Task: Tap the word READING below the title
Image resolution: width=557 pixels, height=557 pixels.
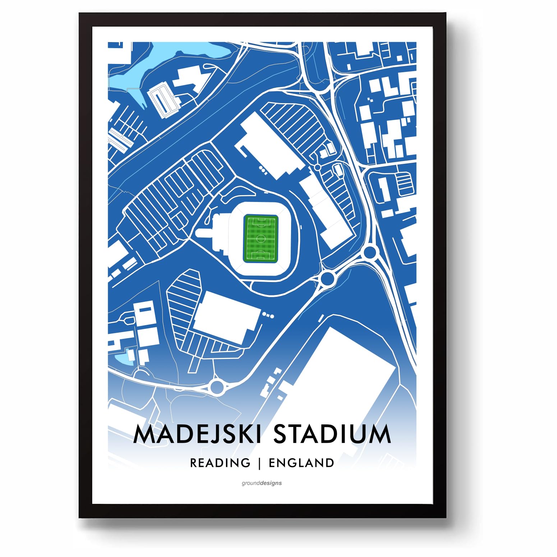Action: (220, 463)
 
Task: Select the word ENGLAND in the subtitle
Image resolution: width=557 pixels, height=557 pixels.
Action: (301, 463)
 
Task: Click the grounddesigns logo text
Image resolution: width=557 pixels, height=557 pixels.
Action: (262, 483)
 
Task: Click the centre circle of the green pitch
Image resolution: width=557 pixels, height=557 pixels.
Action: (261, 238)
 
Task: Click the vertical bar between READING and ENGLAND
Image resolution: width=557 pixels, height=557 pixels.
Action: (259, 463)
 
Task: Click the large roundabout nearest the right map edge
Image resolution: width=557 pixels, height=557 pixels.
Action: (369, 252)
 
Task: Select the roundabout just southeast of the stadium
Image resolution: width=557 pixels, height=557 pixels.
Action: (327, 278)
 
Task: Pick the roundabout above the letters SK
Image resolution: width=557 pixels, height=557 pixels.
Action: (217, 387)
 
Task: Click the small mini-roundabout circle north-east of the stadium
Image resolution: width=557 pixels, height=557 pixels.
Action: (317, 167)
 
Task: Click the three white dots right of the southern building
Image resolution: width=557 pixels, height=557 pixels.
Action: (268, 315)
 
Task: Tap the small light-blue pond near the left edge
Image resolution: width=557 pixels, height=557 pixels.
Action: (121, 359)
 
